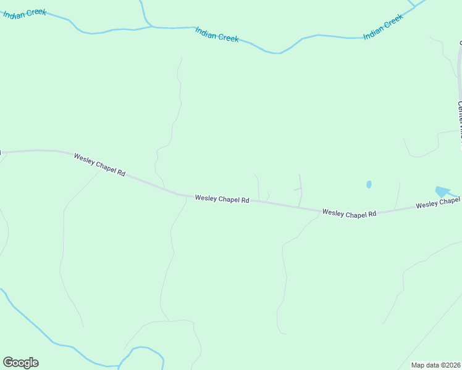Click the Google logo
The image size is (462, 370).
(20, 363)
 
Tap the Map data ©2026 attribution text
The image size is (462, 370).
(436, 365)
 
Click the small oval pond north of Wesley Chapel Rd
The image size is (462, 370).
(369, 184)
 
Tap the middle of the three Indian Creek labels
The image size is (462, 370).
(217, 34)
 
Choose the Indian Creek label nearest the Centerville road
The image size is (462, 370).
(383, 27)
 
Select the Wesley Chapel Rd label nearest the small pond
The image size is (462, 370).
(349, 214)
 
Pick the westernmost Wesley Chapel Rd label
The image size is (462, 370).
(99, 165)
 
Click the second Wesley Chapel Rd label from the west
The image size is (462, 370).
(222, 199)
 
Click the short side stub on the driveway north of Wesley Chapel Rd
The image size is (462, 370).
(297, 189)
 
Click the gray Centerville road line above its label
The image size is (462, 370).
(460, 68)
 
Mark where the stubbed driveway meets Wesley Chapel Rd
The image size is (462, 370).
(299, 207)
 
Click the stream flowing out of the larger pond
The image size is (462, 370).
(456, 196)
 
